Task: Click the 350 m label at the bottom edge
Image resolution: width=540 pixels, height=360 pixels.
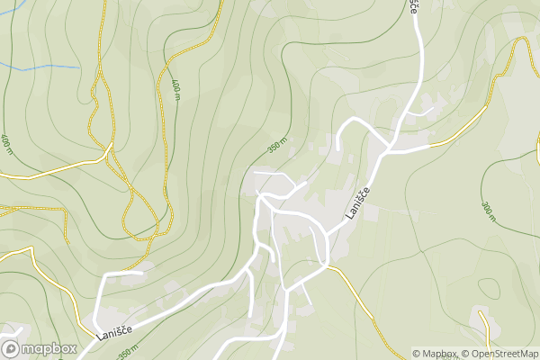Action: [x=129, y=352]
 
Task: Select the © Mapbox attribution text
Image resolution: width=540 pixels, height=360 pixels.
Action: [x=435, y=354]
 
